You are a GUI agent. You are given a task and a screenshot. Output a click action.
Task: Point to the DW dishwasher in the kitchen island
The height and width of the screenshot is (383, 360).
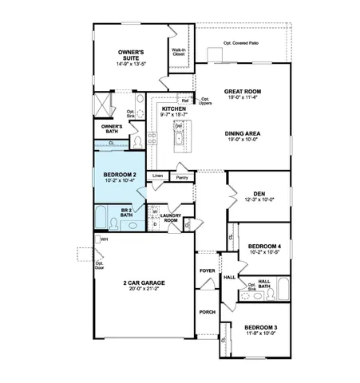pyautogui.click(x=179, y=127)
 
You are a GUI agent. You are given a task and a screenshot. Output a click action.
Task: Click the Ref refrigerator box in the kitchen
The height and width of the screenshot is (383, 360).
pyautogui.click(x=185, y=101)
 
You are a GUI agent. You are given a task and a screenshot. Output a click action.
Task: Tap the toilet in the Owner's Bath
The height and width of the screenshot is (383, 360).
pyautogui.click(x=137, y=141)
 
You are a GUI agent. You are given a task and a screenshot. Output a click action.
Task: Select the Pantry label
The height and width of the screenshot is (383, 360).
pyautogui.click(x=182, y=177)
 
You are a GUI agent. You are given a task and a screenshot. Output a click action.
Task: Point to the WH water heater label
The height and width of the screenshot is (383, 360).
pyautogui.click(x=104, y=239)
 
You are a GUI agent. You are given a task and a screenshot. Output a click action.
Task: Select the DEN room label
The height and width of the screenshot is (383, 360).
pyautogui.click(x=258, y=192)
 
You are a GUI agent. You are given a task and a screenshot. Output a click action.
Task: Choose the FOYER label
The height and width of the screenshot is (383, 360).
pyautogui.click(x=208, y=271)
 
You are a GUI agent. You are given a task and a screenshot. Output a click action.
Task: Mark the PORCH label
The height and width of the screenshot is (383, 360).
pyautogui.click(x=208, y=312)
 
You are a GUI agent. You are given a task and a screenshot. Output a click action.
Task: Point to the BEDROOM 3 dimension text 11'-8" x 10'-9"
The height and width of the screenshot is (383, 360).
pyautogui.click(x=261, y=334)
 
